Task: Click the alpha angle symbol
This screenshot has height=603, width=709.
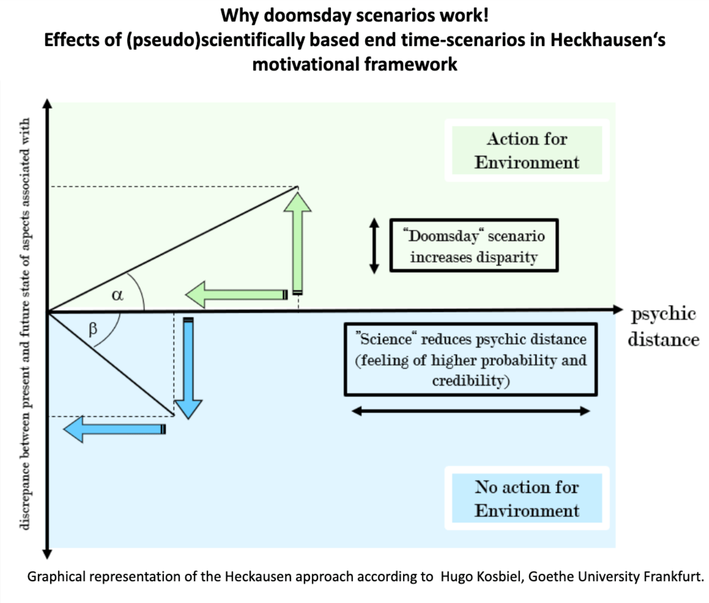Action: point(117,295)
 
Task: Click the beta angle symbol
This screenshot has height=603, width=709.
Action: point(93,329)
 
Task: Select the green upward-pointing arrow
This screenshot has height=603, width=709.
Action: point(298,242)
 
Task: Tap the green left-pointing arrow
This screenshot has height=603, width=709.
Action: point(235,295)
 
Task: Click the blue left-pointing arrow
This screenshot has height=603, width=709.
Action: point(114,429)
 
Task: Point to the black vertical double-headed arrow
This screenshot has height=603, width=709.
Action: point(374,246)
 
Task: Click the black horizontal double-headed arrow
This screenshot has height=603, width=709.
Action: point(471,411)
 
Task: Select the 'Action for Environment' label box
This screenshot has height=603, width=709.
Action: point(527,151)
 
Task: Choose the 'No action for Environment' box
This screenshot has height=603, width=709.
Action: point(527,499)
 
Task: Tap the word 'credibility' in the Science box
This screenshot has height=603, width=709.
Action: point(470,381)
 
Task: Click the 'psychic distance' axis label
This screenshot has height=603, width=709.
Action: point(663,327)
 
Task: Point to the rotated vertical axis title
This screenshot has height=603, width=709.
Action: point(25,323)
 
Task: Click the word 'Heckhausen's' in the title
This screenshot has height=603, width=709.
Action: point(607,40)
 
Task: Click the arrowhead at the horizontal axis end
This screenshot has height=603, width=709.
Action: point(617,310)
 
